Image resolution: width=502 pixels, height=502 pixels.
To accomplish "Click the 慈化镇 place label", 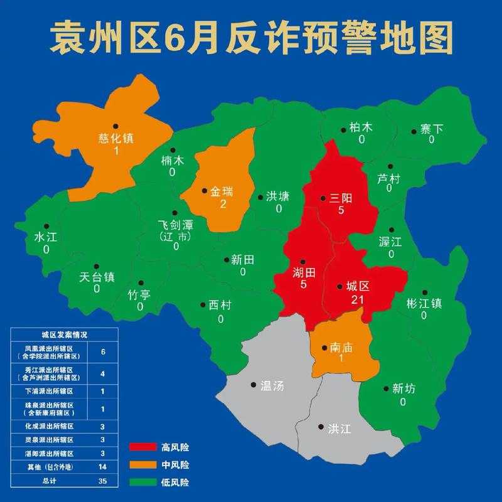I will [x=116, y=139].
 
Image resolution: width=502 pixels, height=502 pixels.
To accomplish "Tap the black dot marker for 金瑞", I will [x=205, y=190].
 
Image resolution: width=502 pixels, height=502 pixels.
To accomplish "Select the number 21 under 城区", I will [x=358, y=299].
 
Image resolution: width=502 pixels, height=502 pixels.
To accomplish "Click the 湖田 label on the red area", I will [x=303, y=272].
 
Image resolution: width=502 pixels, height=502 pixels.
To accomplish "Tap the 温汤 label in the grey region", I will [x=271, y=386].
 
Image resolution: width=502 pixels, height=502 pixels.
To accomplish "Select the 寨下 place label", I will [x=431, y=129].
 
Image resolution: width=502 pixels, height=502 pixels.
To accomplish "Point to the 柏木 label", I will [x=361, y=128].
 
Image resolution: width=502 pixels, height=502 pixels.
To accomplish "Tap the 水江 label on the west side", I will [x=46, y=238].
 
